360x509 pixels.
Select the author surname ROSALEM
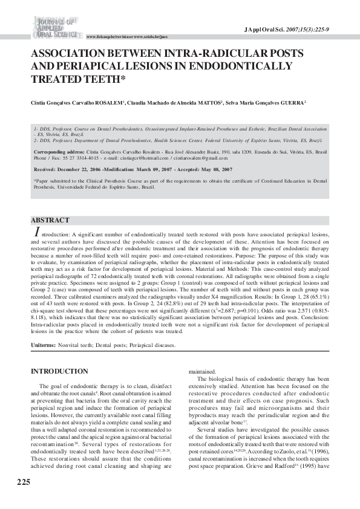pos(108,103)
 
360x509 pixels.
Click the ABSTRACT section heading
pos(50,221)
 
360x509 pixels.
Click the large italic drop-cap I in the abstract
pos(38,232)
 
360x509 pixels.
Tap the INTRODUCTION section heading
pos(59,371)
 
